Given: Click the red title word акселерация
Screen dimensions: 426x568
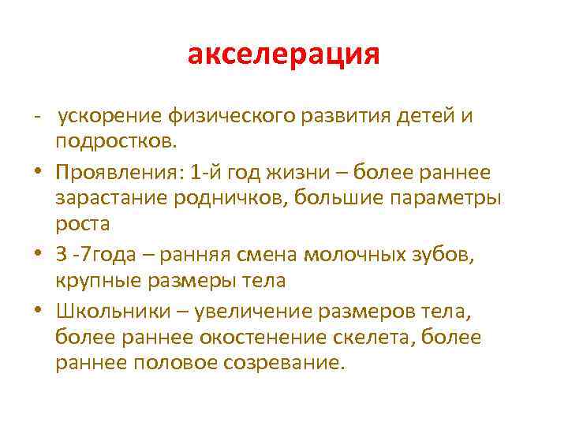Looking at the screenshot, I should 284,56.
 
